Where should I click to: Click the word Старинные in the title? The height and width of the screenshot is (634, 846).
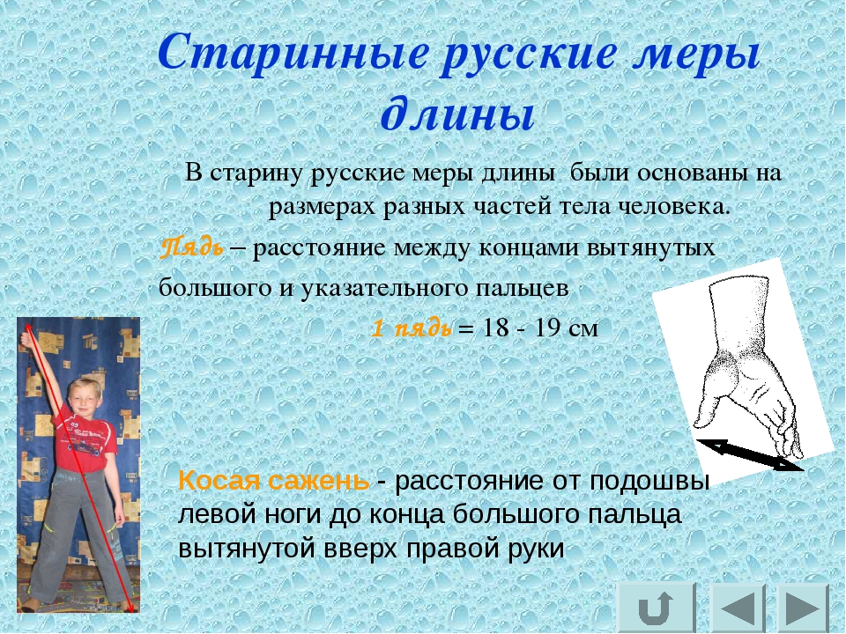click(293, 55)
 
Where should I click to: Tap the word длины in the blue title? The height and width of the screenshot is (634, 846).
click(457, 114)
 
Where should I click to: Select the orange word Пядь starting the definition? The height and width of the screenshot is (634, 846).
click(192, 247)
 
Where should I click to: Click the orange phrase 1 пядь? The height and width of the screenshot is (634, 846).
click(412, 328)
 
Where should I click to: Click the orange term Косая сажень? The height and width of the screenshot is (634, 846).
click(274, 480)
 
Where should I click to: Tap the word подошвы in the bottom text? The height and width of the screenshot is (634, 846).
click(649, 481)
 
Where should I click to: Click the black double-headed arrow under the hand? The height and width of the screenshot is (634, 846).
click(750, 454)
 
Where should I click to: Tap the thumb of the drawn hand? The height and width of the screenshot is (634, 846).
click(708, 409)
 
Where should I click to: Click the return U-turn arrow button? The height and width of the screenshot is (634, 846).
click(656, 608)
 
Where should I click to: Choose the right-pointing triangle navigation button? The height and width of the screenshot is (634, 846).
click(804, 608)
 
